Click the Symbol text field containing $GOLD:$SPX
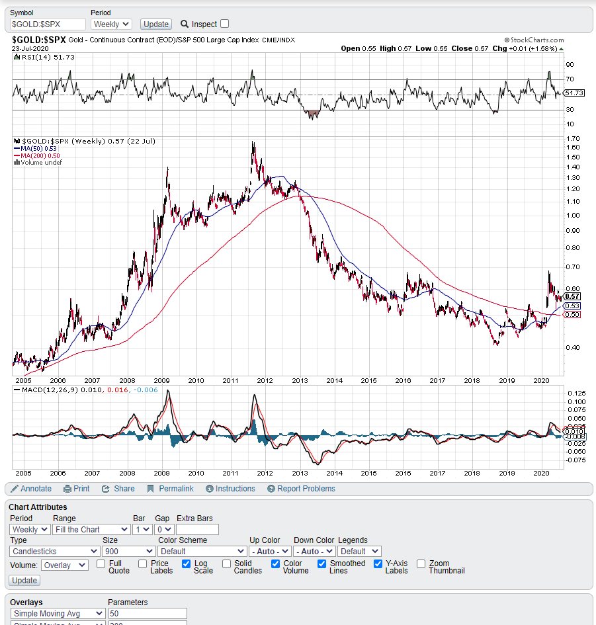pyautogui.click(x=48, y=24)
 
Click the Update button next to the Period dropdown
pyautogui.click(x=156, y=24)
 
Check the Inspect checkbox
pyautogui.click(x=225, y=24)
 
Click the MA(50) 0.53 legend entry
pyautogui.click(x=38, y=148)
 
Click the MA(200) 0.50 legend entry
pyautogui.click(x=40, y=155)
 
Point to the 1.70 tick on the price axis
pyautogui.click(x=573, y=138)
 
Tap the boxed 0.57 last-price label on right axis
pyautogui.click(x=573, y=296)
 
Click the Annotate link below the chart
pyautogui.click(x=31, y=489)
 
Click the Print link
pyautogui.click(x=77, y=489)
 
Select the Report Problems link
pyautogui.click(x=301, y=489)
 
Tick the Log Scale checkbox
pyautogui.click(x=187, y=564)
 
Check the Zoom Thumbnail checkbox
pyautogui.click(x=421, y=564)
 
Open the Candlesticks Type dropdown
pyautogui.click(x=55, y=551)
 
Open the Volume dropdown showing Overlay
pyautogui.click(x=65, y=565)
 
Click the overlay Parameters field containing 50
pyautogui.click(x=148, y=614)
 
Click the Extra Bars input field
pyautogui.click(x=197, y=529)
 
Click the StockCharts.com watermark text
pyautogui.click(x=534, y=40)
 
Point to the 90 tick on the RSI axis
pyautogui.click(x=570, y=65)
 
